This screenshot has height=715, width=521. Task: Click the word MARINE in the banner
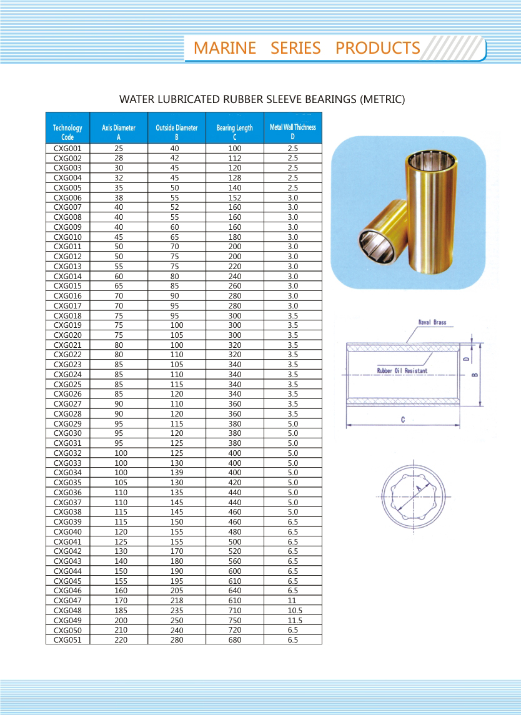(225, 48)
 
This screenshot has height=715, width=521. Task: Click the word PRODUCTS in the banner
(377, 48)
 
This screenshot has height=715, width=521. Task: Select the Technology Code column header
(67, 132)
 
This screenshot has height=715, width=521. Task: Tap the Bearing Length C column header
(235, 132)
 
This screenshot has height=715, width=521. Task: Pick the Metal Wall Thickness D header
(292, 131)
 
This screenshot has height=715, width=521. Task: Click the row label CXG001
(67, 149)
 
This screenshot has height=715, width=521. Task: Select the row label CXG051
(67, 639)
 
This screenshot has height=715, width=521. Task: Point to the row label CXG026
(67, 394)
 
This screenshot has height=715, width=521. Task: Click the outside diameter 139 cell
(177, 473)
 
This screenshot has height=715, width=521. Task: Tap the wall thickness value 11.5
(292, 620)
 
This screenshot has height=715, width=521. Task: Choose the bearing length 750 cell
(235, 620)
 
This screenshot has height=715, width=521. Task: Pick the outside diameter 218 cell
(177, 600)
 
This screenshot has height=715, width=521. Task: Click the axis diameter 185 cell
(119, 610)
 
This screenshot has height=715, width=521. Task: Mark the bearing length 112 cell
(235, 159)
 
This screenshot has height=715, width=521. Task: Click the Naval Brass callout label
(432, 323)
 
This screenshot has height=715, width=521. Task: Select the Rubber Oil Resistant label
(402, 371)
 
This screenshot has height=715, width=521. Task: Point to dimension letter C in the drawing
(403, 420)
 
